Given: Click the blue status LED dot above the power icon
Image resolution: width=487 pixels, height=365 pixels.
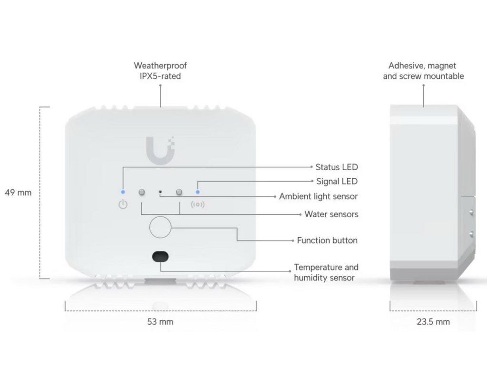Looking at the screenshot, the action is tap(123, 192).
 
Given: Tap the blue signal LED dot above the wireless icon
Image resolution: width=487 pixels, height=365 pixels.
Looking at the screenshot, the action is tap(197, 192).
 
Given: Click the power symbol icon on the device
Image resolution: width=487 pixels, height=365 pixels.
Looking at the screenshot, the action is tap(123, 204).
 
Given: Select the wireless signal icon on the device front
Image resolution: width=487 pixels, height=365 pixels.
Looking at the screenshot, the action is tap(197, 204).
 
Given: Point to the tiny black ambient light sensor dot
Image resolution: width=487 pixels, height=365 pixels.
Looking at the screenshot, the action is tap(160, 192).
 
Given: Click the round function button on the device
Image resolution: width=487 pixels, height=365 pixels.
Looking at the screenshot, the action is tap(160, 227).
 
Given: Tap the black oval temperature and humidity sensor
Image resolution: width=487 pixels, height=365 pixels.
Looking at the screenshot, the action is tap(160, 257).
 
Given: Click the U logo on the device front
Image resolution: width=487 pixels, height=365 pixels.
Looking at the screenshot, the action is tap(160, 150).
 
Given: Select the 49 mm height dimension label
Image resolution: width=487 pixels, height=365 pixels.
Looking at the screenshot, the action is tap(19, 192).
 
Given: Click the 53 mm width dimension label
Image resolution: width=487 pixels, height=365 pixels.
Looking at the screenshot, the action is tap(160, 322).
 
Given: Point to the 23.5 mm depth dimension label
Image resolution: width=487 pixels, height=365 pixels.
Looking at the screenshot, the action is tap(433, 322).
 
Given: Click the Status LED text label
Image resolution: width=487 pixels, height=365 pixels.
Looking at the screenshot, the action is tap(337, 167).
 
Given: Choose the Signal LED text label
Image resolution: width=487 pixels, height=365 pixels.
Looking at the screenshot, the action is tap(337, 181).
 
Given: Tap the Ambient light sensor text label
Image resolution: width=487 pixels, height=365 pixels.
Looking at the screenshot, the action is tap(318, 196).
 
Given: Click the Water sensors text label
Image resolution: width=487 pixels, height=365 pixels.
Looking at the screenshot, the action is tap(331, 214).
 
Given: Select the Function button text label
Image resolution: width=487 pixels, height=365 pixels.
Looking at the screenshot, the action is tap(327, 240).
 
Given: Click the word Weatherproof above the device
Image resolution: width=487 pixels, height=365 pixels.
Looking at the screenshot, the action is tap(160, 66).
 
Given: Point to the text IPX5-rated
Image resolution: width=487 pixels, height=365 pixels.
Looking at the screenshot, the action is tap(160, 76).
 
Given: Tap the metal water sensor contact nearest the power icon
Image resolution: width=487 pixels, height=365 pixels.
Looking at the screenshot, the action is tap(142, 192).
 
